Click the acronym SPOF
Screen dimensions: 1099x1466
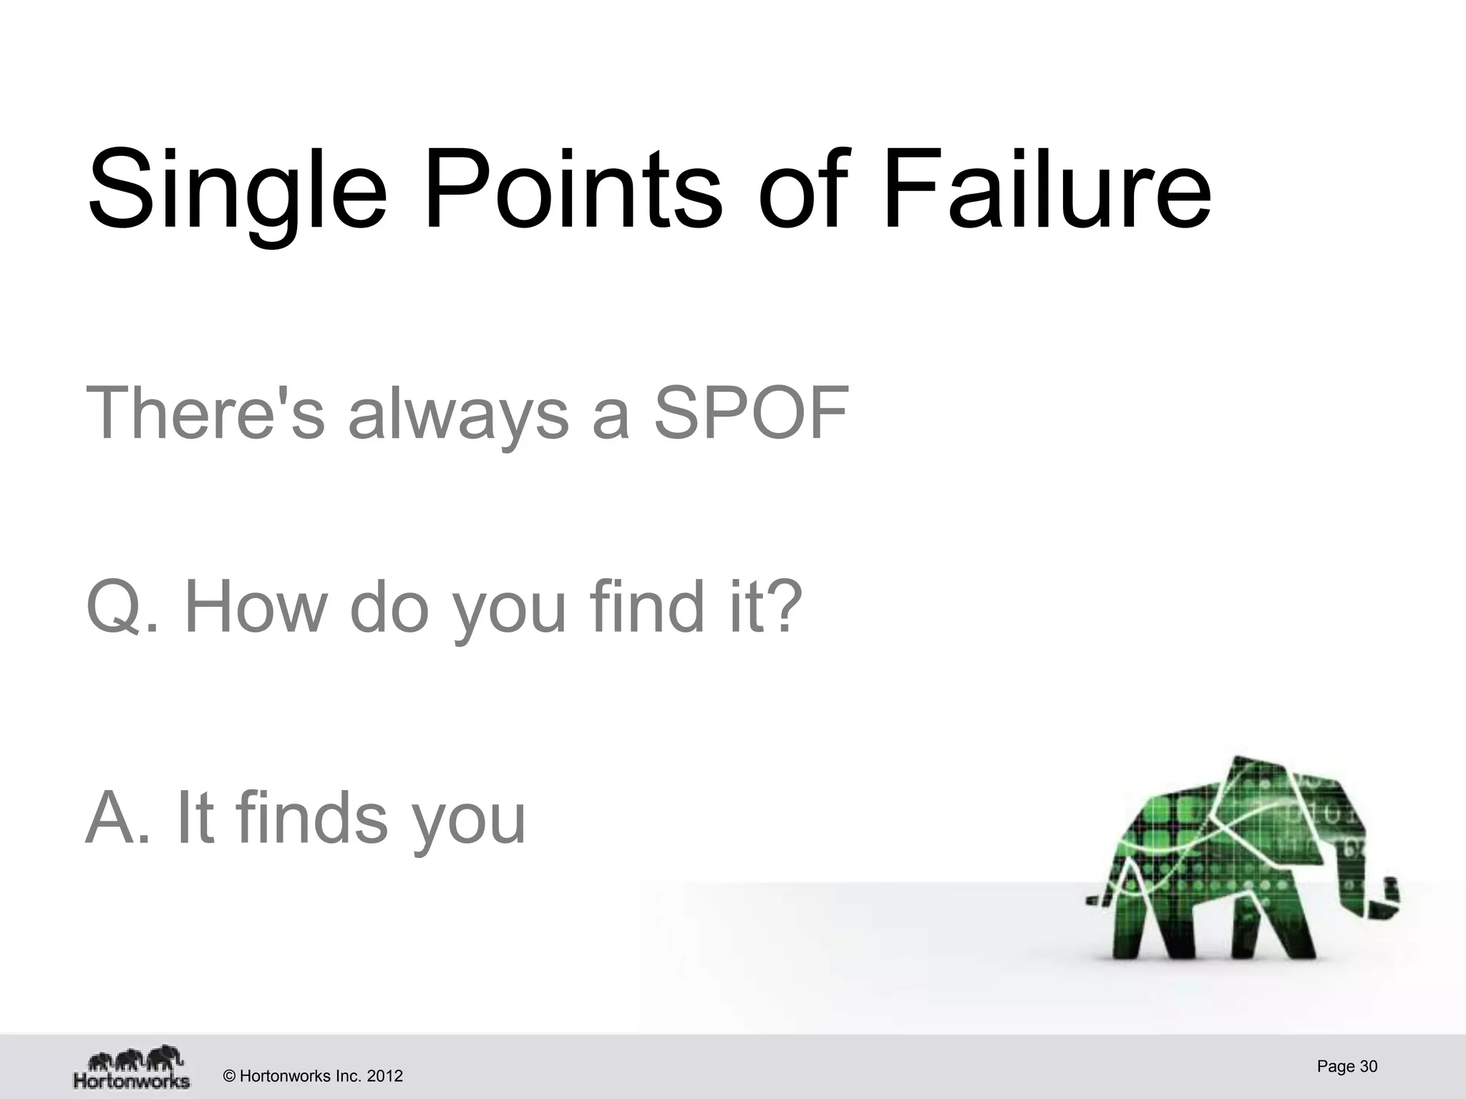(751, 414)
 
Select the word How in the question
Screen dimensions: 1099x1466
(255, 607)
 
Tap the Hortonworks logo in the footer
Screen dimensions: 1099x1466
(132, 1067)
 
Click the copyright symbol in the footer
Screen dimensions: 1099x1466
(229, 1076)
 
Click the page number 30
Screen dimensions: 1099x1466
(1368, 1066)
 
